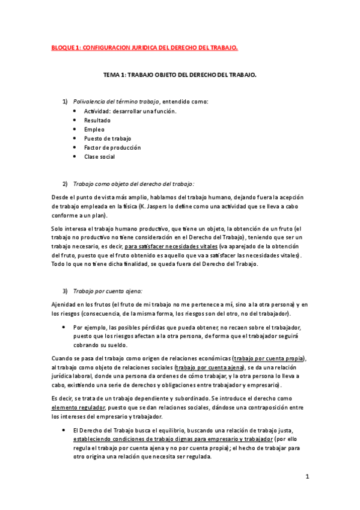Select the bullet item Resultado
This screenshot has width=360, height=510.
pyautogui.click(x=97, y=120)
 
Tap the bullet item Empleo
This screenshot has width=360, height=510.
pyautogui.click(x=94, y=129)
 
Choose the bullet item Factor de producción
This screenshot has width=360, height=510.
pyautogui.click(x=112, y=147)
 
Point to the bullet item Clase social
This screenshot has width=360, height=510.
pyautogui.click(x=99, y=156)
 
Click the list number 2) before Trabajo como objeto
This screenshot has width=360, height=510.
pyautogui.click(x=66, y=184)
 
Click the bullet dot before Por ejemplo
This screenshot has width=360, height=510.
pyautogui.click(x=64, y=328)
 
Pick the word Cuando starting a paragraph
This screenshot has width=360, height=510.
pyautogui.click(x=62, y=358)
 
